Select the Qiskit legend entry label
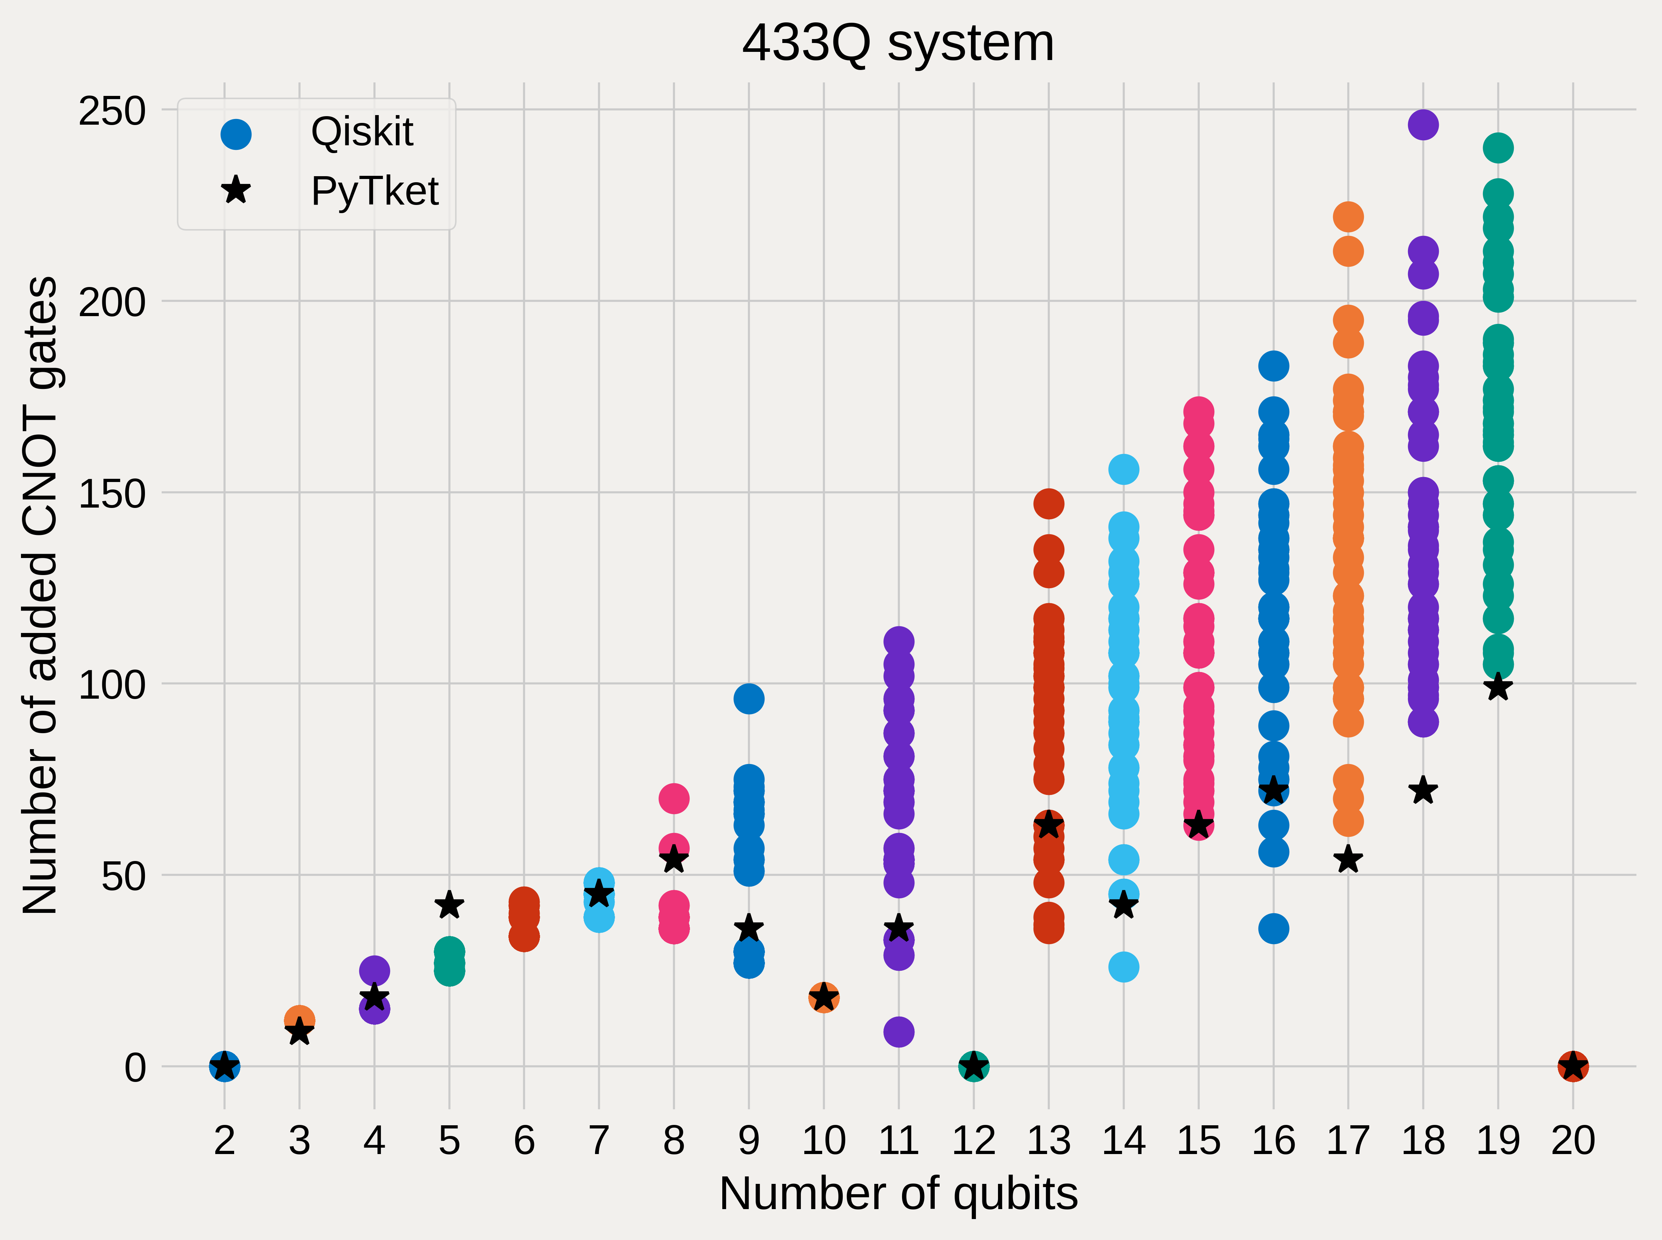tap(362, 133)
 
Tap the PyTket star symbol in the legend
tap(236, 190)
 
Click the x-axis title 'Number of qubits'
tap(898, 1193)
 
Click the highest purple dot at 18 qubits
tap(1423, 125)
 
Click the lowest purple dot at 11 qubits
tap(899, 1032)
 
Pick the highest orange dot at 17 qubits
tap(1348, 217)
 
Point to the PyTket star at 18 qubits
tap(1423, 790)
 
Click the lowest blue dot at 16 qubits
tap(1273, 928)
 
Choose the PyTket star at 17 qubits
tap(1348, 860)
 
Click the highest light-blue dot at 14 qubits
tap(1123, 469)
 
